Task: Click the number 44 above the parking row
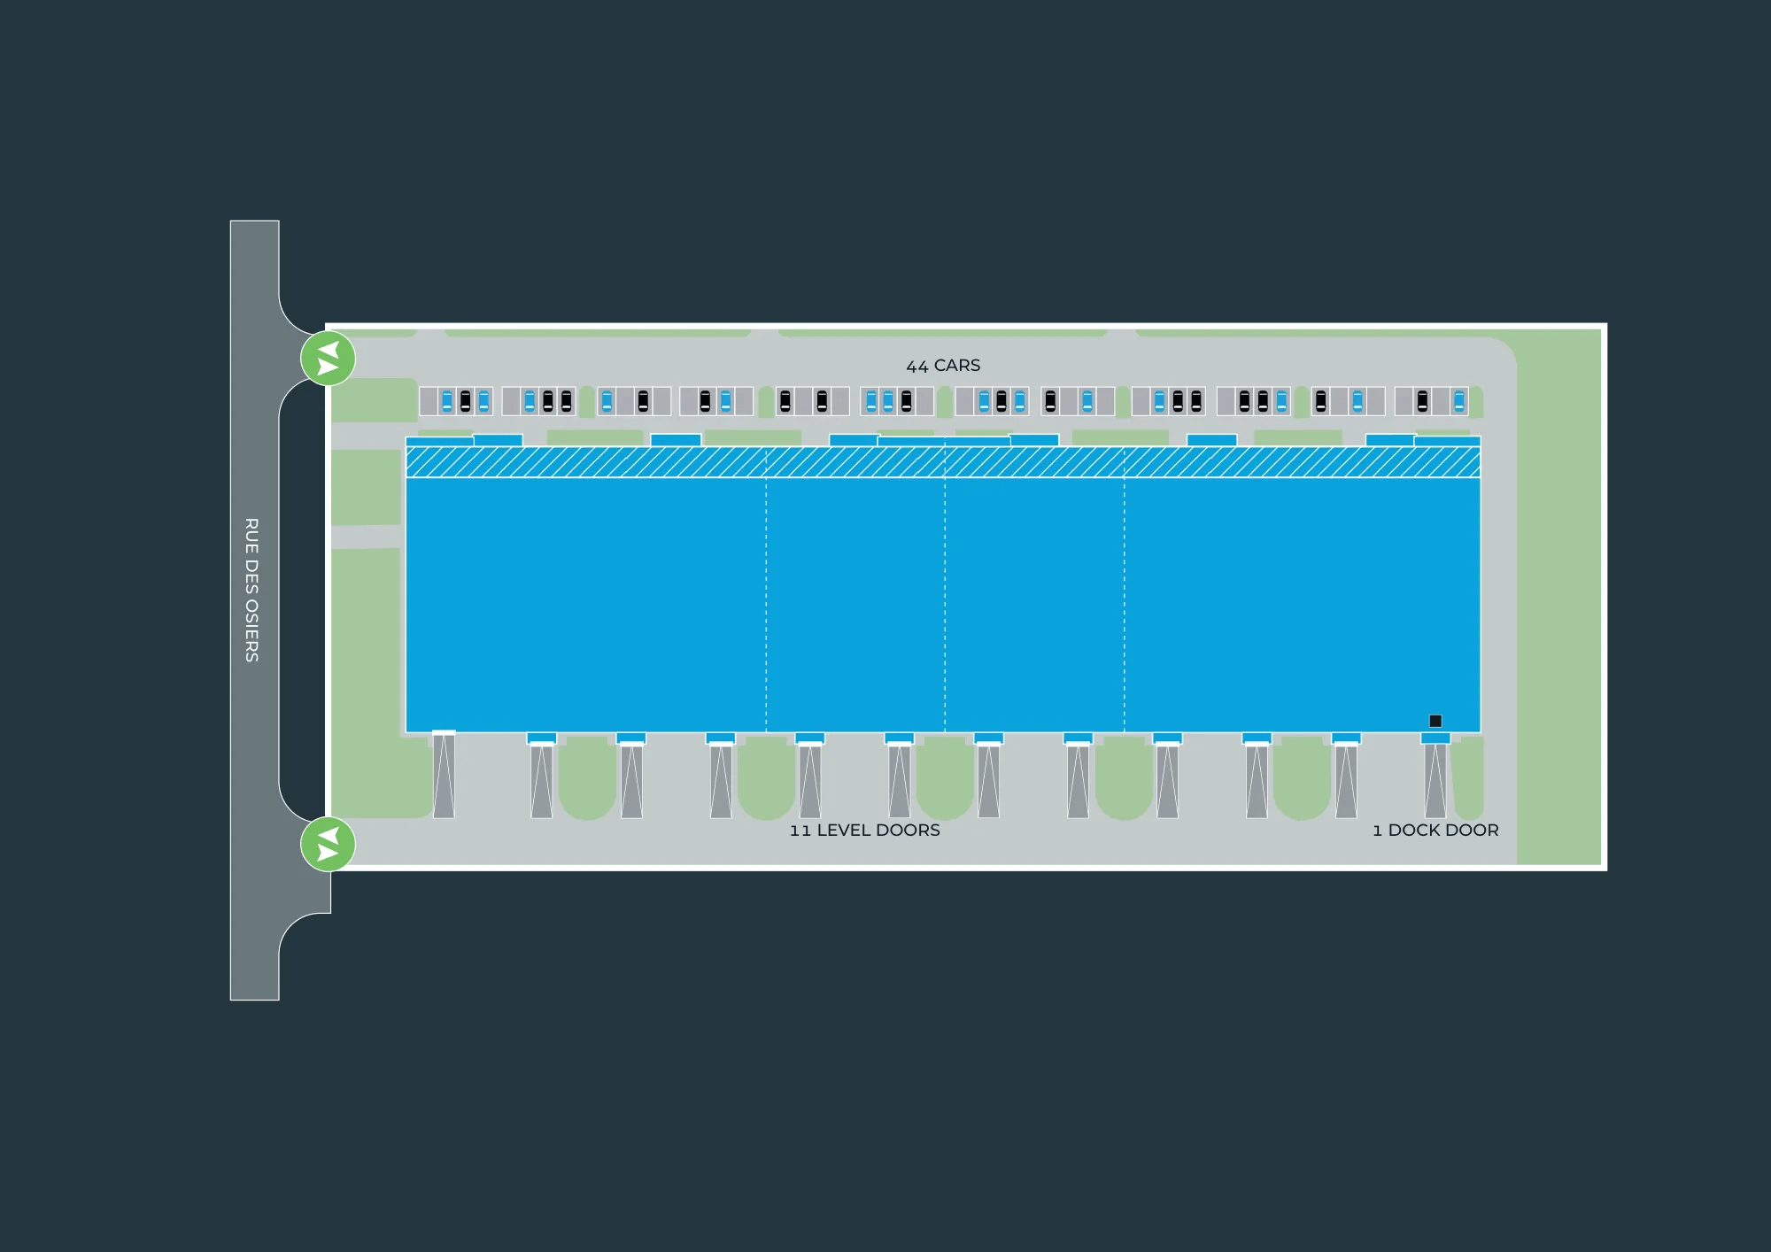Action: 916,367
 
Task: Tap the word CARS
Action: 957,366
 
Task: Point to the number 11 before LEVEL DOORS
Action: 800,831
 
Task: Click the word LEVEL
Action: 843,831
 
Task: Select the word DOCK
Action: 1413,831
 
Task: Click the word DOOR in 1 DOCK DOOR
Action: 1472,831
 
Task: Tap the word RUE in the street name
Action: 251,534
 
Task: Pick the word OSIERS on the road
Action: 251,631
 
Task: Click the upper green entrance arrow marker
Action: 328,359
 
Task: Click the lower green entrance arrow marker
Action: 328,844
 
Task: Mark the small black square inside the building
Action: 1435,721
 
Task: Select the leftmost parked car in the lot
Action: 447,401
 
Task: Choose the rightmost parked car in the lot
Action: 1459,401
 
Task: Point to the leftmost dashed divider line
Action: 766,602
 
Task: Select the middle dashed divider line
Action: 945,602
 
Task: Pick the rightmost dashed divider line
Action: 1124,602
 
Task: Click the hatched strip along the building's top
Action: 943,462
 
